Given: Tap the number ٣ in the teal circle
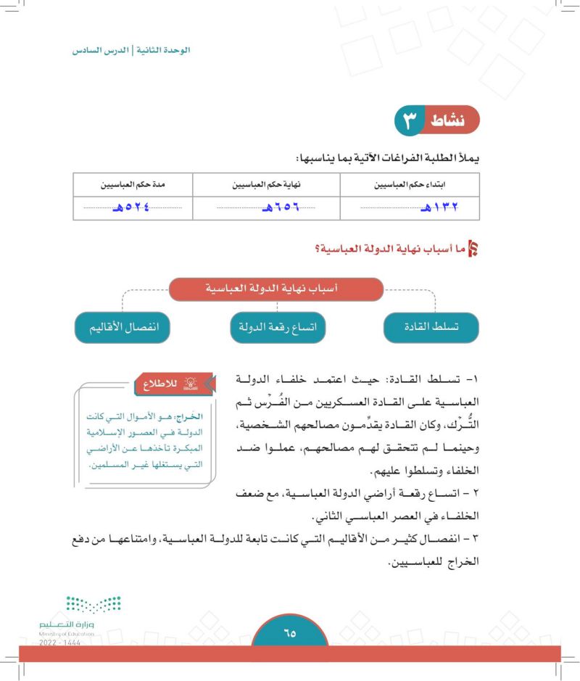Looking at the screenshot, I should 411,120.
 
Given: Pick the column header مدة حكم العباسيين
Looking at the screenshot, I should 128,184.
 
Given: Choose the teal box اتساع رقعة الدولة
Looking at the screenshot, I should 278,328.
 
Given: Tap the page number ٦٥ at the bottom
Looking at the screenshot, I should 290,635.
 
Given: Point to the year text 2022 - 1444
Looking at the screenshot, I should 61,643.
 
